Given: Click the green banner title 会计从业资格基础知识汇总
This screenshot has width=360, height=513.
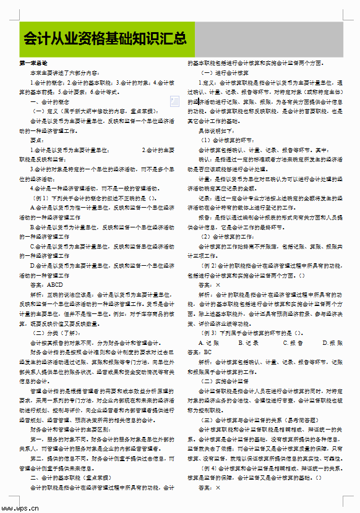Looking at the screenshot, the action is coord(105,40).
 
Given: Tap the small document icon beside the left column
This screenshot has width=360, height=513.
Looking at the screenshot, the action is coord(174,101).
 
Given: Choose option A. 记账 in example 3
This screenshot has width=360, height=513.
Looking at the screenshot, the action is coord(208,342).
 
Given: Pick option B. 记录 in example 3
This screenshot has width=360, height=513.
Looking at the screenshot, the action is coord(248,342).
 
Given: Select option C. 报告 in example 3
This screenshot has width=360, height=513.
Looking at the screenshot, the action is coord(293,342).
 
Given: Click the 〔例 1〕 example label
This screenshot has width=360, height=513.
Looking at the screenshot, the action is coord(41,198).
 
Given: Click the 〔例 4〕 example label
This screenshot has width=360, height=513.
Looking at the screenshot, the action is coord(209,468).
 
